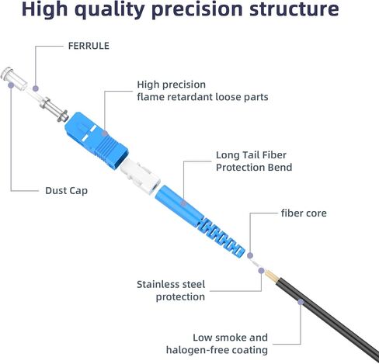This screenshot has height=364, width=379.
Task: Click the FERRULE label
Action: coord(89,46)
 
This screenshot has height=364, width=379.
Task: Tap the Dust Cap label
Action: coord(66,191)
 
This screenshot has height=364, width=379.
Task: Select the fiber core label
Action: coord(304,213)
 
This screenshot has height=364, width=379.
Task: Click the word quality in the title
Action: coord(110,9)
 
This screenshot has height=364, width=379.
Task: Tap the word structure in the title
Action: coord(294,9)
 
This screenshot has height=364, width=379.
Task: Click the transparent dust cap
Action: coord(13,78)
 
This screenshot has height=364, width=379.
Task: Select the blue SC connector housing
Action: coord(96,140)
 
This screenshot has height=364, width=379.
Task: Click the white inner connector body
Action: coord(140,176)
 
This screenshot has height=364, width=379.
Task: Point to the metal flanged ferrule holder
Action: coord(54,109)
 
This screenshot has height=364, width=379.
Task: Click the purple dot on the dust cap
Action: coord(11,85)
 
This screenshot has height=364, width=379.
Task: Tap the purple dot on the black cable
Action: coord(301,302)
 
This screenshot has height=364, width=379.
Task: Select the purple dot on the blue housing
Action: coord(105,133)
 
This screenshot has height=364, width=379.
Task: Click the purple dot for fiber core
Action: coord(250,255)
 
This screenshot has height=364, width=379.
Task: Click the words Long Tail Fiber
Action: coord(251,155)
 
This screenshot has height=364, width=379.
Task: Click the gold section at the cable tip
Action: coord(271,276)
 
